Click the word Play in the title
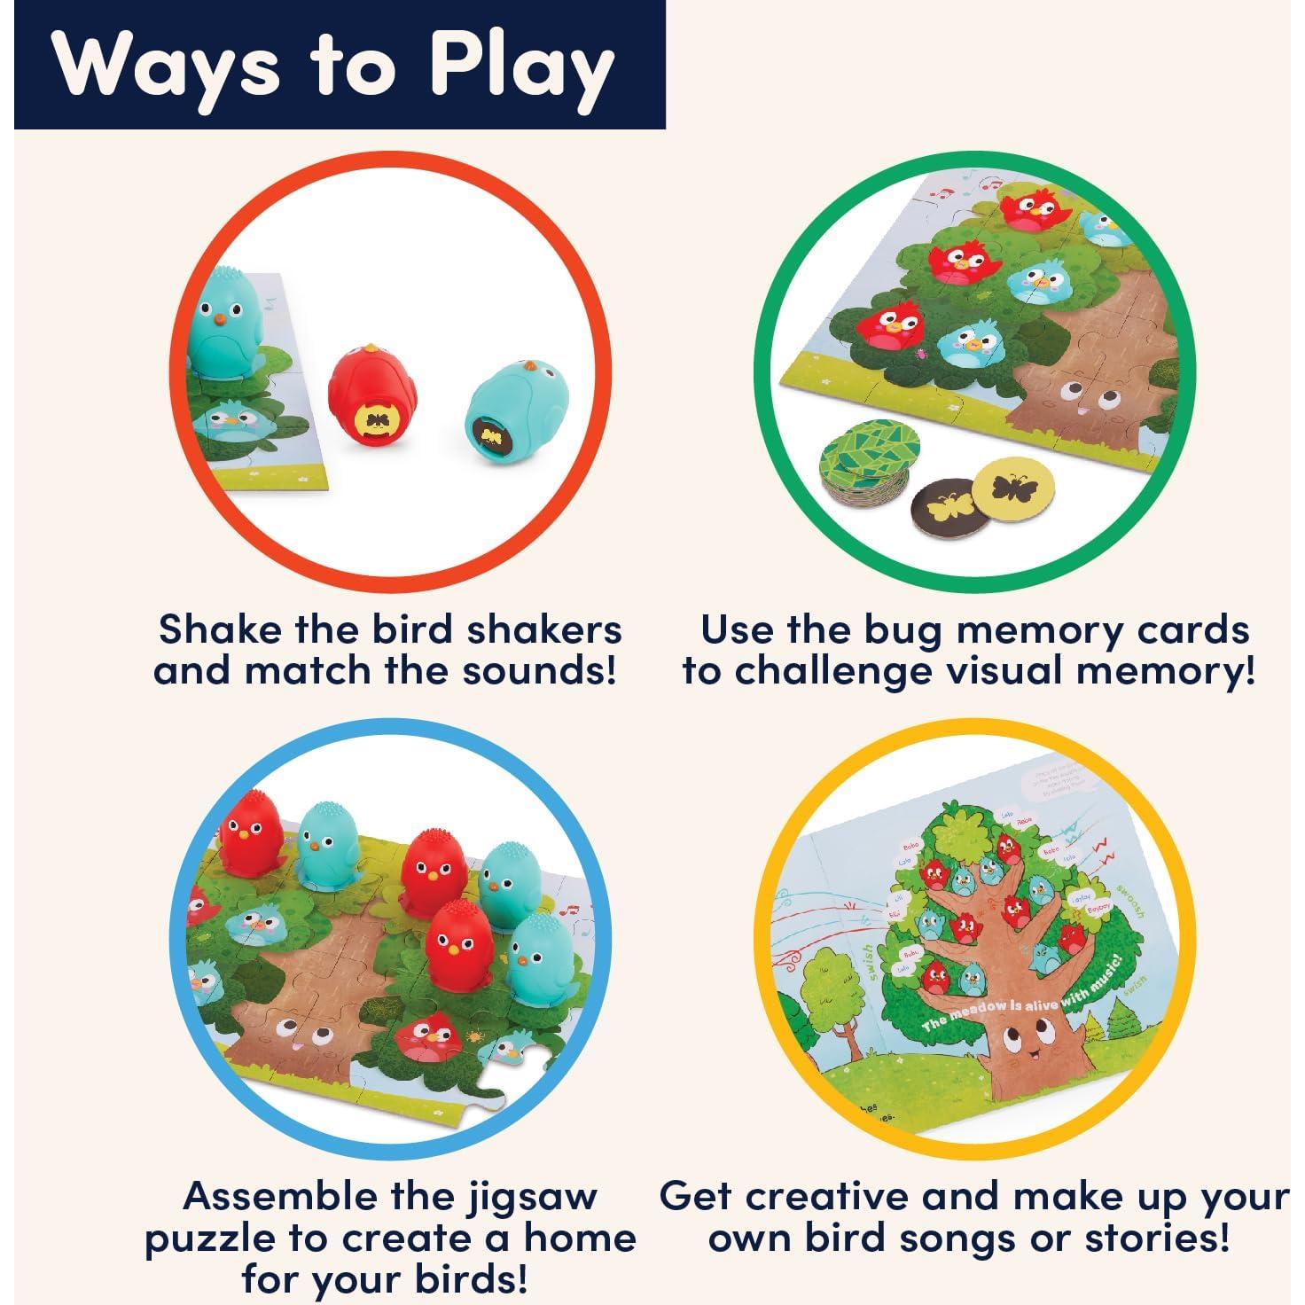pos(523,66)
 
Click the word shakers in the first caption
pos(544,629)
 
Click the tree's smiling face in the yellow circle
pos(1020,1050)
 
